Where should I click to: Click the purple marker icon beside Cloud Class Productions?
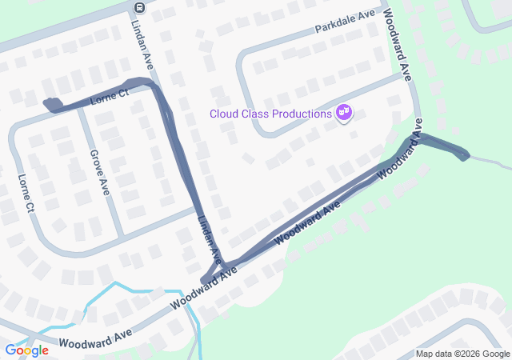click(344, 114)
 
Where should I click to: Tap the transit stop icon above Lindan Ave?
click(139, 8)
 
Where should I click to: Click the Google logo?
click(26, 350)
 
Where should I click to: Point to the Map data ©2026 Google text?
click(462, 354)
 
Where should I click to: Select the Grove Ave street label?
click(99, 171)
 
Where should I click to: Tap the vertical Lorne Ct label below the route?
click(26, 194)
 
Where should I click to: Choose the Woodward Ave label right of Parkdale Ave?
click(398, 45)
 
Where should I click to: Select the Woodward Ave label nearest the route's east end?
click(399, 157)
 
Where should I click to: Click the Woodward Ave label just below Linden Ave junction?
click(203, 292)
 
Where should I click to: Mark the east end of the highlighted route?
click(463, 154)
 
